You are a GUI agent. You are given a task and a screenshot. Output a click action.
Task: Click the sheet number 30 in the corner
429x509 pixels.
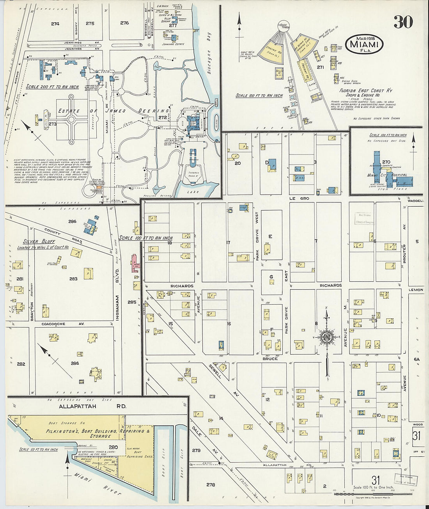tap(402, 22)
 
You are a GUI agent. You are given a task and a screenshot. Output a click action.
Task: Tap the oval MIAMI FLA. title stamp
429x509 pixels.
tap(364, 44)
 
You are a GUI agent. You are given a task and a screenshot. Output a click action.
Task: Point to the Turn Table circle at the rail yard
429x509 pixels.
tap(284, 26)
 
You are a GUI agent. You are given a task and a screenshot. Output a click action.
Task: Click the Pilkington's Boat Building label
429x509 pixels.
tap(97, 433)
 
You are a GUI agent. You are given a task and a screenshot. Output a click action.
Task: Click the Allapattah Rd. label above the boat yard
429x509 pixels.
tap(93, 406)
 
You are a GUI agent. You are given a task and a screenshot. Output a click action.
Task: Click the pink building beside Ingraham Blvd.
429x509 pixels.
tap(135, 263)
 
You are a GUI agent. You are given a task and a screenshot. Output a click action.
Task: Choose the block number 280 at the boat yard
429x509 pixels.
tap(113, 447)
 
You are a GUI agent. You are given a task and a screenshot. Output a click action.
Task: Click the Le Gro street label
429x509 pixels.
tap(299, 199)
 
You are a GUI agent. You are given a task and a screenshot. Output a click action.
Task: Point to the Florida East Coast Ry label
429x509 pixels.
tap(365, 90)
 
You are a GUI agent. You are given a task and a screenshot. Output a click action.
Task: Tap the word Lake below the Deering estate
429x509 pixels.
tap(192, 192)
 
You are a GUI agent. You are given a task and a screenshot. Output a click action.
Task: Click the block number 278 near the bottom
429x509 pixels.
tap(211, 485)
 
